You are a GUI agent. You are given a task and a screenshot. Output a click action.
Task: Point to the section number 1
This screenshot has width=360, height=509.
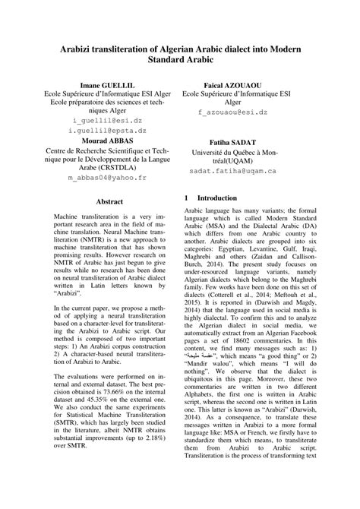187,198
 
